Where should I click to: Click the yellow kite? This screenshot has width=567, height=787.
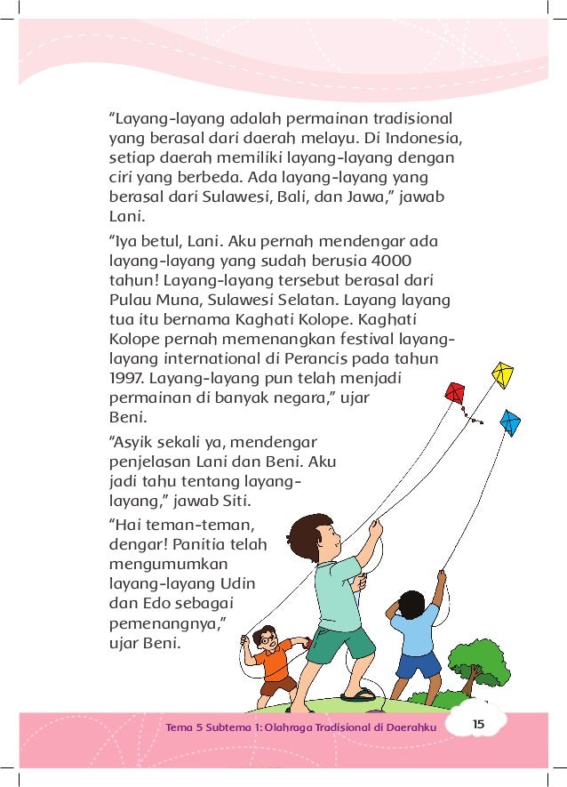tap(504, 374)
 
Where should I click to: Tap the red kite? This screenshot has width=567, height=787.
tap(456, 393)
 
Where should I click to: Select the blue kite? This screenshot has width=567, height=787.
tap(510, 422)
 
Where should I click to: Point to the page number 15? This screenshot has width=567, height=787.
tap(478, 724)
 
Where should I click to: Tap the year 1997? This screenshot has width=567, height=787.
tap(126, 379)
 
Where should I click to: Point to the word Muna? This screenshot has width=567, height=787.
tap(174, 300)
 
